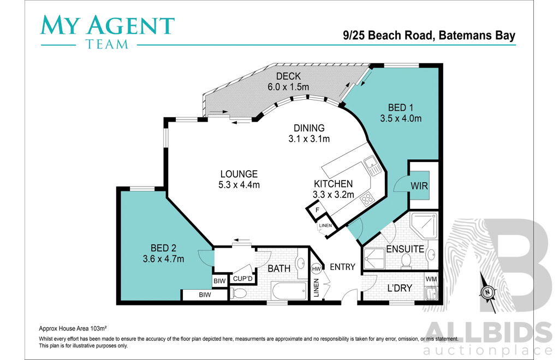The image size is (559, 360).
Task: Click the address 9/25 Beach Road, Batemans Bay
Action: (429, 35)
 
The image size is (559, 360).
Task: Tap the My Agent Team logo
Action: (107, 31)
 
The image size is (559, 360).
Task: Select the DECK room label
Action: (288, 76)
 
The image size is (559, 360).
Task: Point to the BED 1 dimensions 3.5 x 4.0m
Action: (401, 118)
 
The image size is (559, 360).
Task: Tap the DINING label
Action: (309, 128)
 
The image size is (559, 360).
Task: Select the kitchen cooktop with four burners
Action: (367, 199)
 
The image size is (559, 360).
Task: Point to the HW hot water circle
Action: (316, 269)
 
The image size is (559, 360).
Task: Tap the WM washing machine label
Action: (431, 279)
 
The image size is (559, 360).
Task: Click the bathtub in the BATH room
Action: (289, 291)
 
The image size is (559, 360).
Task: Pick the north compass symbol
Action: (487, 292)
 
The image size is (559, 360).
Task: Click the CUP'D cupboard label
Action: (243, 279)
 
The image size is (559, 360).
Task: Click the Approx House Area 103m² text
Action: (73, 328)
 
